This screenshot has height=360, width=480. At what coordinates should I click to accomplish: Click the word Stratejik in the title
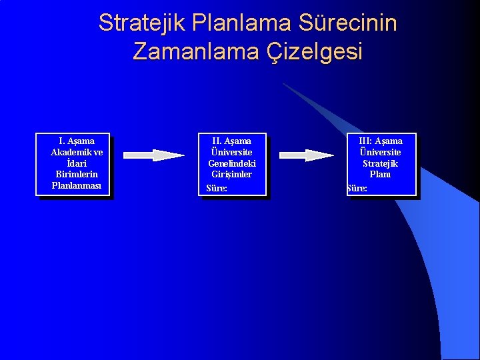pyautogui.click(x=141, y=23)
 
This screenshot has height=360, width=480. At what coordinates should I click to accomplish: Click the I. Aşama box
pyautogui.click(x=73, y=165)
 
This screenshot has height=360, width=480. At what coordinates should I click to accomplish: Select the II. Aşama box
pyautogui.click(x=232, y=165)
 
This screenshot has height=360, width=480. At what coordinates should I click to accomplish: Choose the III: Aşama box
pyautogui.click(x=381, y=165)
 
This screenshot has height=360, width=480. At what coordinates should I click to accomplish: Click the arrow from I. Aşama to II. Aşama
pyautogui.click(x=154, y=155)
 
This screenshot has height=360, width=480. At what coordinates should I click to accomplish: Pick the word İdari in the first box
pyautogui.click(x=77, y=163)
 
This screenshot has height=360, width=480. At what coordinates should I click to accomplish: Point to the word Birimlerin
pyautogui.click(x=77, y=174)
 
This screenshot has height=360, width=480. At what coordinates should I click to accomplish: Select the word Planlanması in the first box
pyautogui.click(x=77, y=185)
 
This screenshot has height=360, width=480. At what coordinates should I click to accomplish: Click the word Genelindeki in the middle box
pyautogui.click(x=232, y=163)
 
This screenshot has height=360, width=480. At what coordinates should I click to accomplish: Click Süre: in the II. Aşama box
pyautogui.click(x=217, y=189)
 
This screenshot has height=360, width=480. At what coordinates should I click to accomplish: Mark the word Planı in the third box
pyautogui.click(x=380, y=174)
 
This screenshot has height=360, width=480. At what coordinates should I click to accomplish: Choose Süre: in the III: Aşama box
pyautogui.click(x=357, y=189)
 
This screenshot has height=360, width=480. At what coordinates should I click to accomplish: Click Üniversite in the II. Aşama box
pyautogui.click(x=232, y=152)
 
